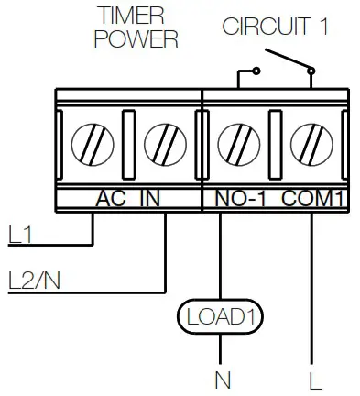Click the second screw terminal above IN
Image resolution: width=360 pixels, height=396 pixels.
tap(165, 145)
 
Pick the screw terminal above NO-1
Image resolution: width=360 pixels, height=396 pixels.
tap(237, 145)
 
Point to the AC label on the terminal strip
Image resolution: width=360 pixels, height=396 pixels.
tap(113, 197)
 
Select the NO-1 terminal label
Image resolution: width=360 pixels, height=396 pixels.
tap(242, 197)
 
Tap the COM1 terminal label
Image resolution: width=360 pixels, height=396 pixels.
tap(311, 197)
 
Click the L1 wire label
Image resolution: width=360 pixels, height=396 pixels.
tap(19, 236)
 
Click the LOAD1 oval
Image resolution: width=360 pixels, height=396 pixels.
tap(220, 317)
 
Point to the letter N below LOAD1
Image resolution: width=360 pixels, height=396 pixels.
tap(220, 378)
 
